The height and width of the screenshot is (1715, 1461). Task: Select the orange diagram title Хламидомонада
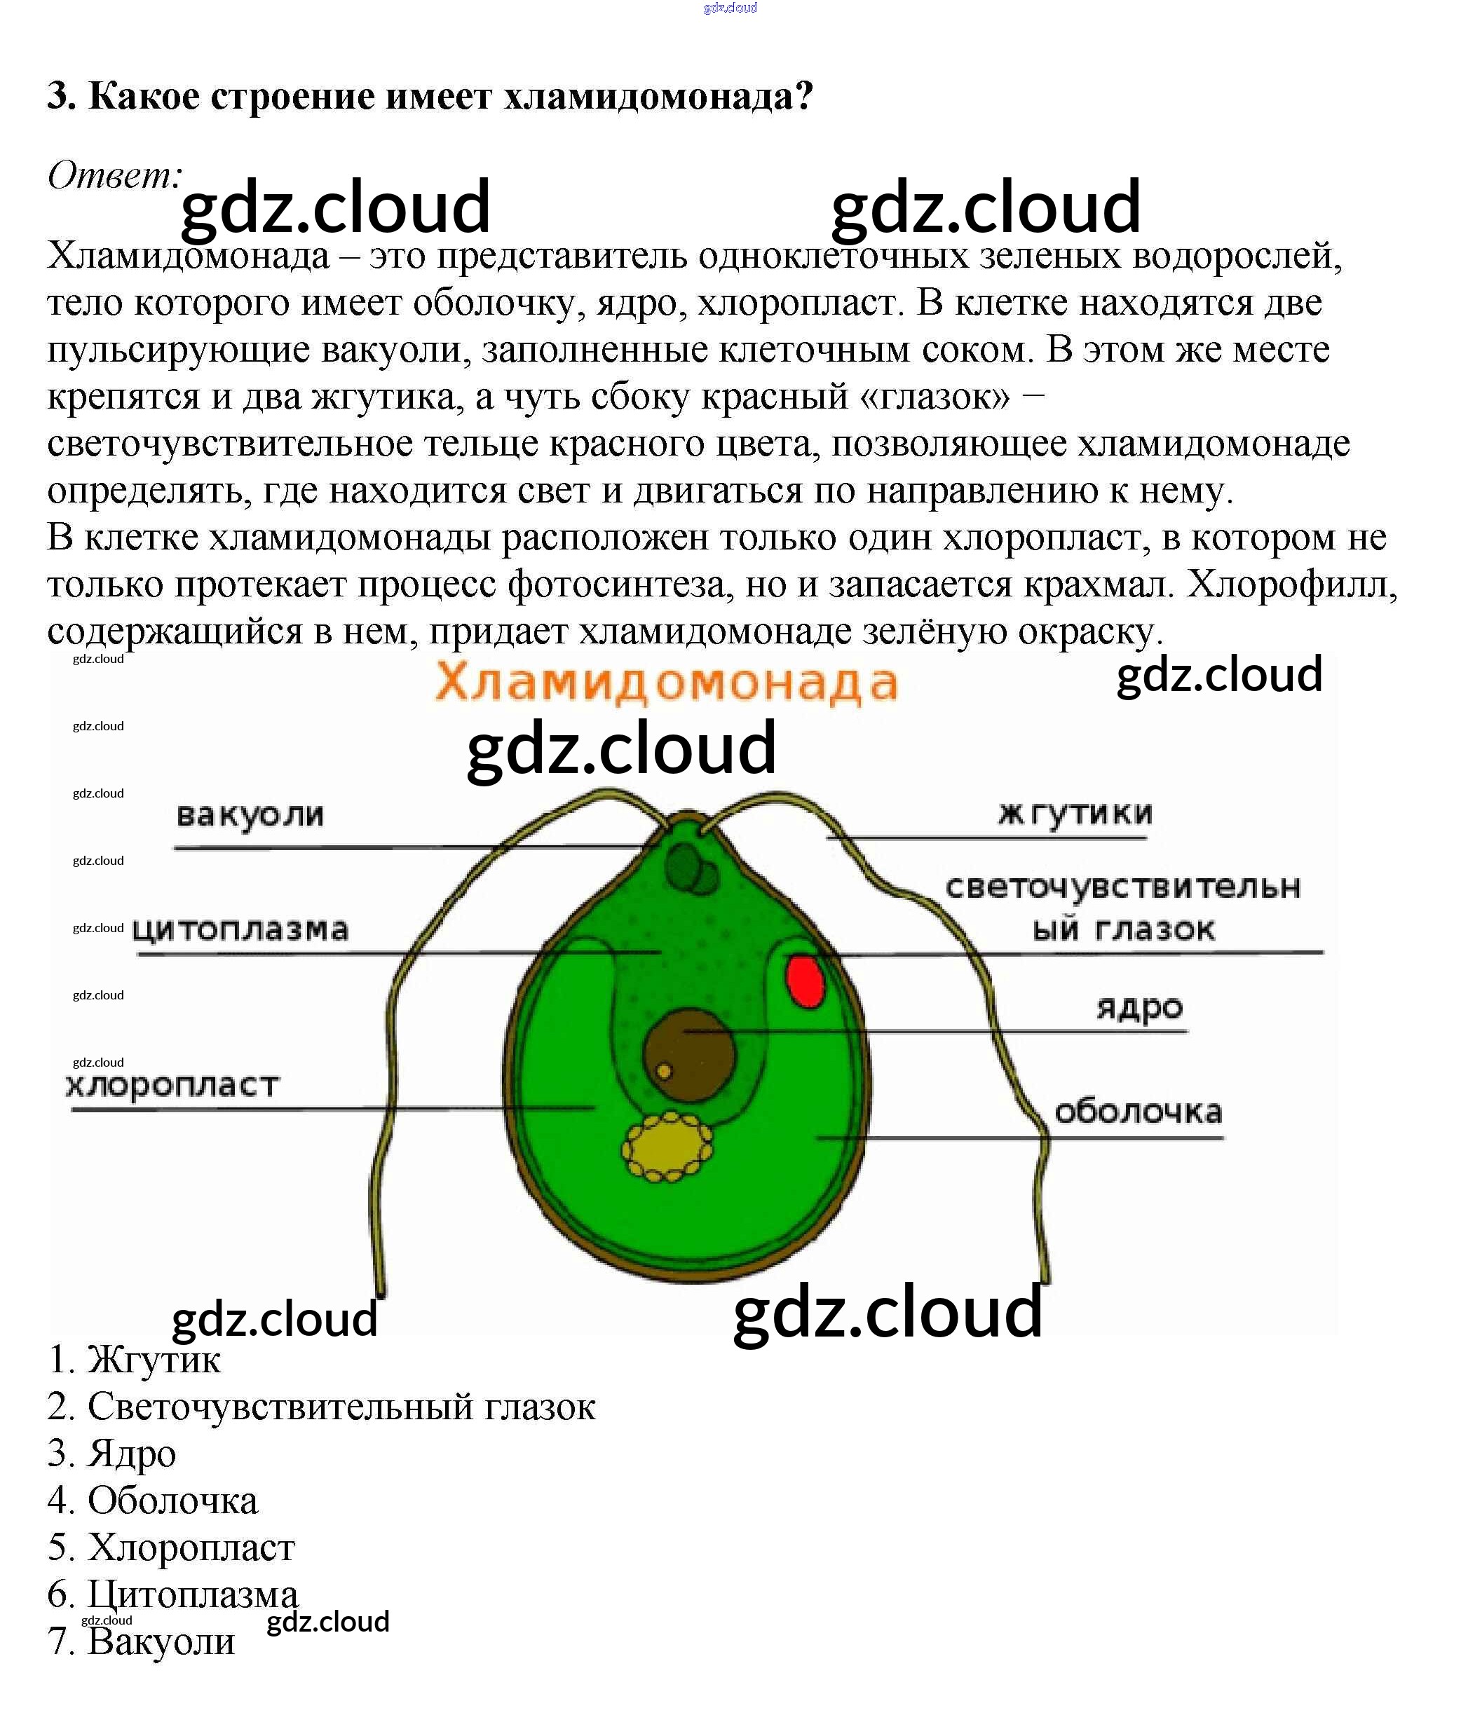(x=666, y=683)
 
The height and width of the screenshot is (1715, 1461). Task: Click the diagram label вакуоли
(x=250, y=815)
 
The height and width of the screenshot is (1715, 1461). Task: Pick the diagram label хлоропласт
(x=173, y=1085)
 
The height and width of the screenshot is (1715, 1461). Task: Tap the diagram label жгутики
(x=1075, y=813)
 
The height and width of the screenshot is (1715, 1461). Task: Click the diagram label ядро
(x=1139, y=1008)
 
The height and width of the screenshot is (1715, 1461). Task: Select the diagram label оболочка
(x=1137, y=1112)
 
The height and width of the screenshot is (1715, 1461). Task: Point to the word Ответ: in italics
(x=114, y=175)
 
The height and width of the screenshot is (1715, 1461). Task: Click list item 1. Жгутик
(x=135, y=1360)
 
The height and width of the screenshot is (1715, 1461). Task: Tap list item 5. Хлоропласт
(x=171, y=1547)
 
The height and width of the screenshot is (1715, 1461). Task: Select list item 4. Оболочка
(x=153, y=1501)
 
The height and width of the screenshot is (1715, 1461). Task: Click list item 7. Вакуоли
(x=142, y=1641)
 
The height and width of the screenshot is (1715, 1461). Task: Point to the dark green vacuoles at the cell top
(x=691, y=868)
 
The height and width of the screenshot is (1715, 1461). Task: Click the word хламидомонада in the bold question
(x=658, y=97)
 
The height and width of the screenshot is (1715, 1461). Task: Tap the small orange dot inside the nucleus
(x=663, y=1071)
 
